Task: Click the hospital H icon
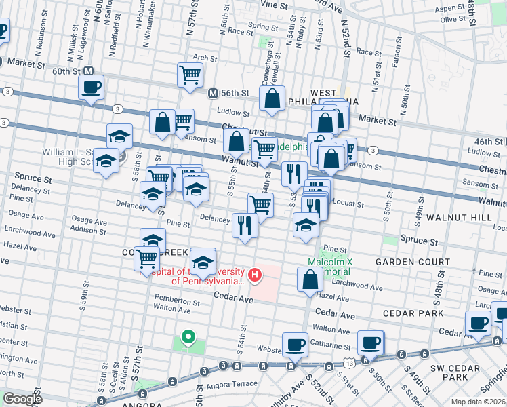click(255, 274)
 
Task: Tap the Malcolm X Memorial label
click(329, 267)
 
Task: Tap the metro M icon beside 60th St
click(88, 71)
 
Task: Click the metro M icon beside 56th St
click(213, 93)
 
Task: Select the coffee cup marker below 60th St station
click(91, 87)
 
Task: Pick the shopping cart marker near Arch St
click(190, 75)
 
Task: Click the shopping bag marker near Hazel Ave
click(310, 279)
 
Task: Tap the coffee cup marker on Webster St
click(296, 345)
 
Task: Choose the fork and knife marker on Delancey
click(245, 225)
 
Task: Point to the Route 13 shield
click(348, 364)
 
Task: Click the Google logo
click(22, 399)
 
